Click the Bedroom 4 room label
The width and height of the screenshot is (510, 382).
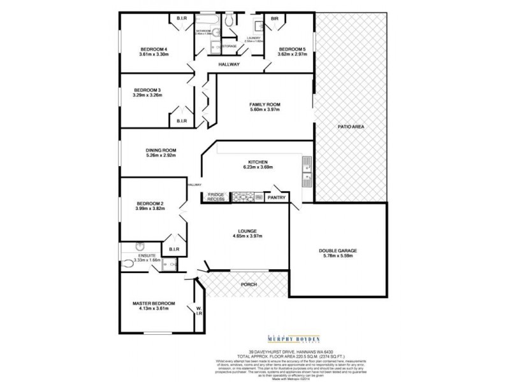tap(154, 50)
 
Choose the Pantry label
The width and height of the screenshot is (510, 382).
tap(276, 197)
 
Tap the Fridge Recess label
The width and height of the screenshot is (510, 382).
tap(216, 197)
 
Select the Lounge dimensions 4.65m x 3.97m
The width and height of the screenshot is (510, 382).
tap(248, 237)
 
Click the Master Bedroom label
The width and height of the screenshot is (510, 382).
tap(154, 304)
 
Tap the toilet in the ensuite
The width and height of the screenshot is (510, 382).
tap(129, 261)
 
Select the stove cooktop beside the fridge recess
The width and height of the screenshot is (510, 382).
tap(243, 197)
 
